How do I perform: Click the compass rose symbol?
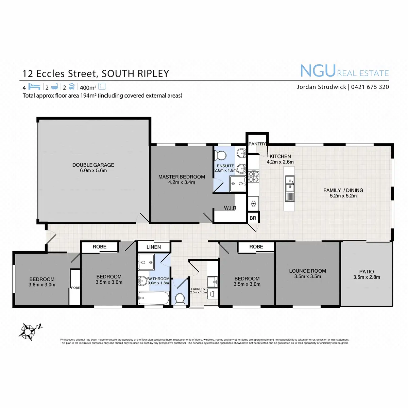(x=28, y=331)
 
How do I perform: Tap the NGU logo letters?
(x=318, y=71)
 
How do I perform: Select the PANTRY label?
(x=257, y=144)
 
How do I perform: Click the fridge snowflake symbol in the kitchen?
(x=253, y=204)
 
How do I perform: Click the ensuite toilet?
(x=220, y=155)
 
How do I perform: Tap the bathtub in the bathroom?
(x=153, y=298)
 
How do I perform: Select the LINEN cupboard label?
(x=153, y=247)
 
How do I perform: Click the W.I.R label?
(x=230, y=208)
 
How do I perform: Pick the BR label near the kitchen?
(x=253, y=218)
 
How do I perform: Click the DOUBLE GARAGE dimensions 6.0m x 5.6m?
(x=93, y=170)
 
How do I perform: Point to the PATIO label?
(x=367, y=271)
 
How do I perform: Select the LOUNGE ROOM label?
(x=307, y=271)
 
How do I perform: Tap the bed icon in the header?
(x=34, y=86)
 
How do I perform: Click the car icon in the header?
(x=72, y=86)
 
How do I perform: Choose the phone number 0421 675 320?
(x=370, y=87)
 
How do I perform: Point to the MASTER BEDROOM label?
(x=182, y=177)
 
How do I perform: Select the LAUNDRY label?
(x=198, y=289)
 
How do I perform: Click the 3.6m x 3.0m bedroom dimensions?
(x=42, y=285)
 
